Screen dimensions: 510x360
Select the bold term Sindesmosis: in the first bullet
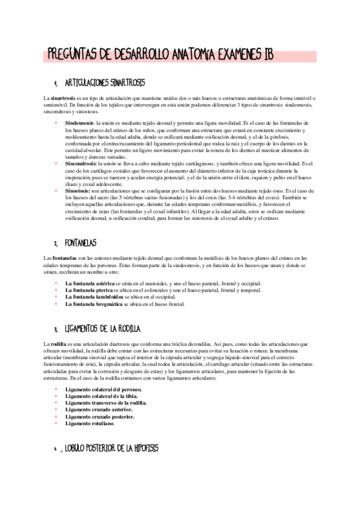coord(79,122)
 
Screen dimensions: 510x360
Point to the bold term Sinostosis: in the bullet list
coord(78,190)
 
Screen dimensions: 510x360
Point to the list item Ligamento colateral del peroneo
coord(104,390)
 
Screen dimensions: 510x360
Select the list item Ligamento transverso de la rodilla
coord(106,402)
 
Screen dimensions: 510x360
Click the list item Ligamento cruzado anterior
coord(99,410)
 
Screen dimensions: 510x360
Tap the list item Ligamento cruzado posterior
coord(100,416)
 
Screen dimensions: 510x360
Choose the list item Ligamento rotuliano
coord(90,423)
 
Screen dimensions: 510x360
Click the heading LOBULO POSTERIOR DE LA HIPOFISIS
coord(111,449)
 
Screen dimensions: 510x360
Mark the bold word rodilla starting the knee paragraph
coord(58,343)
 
